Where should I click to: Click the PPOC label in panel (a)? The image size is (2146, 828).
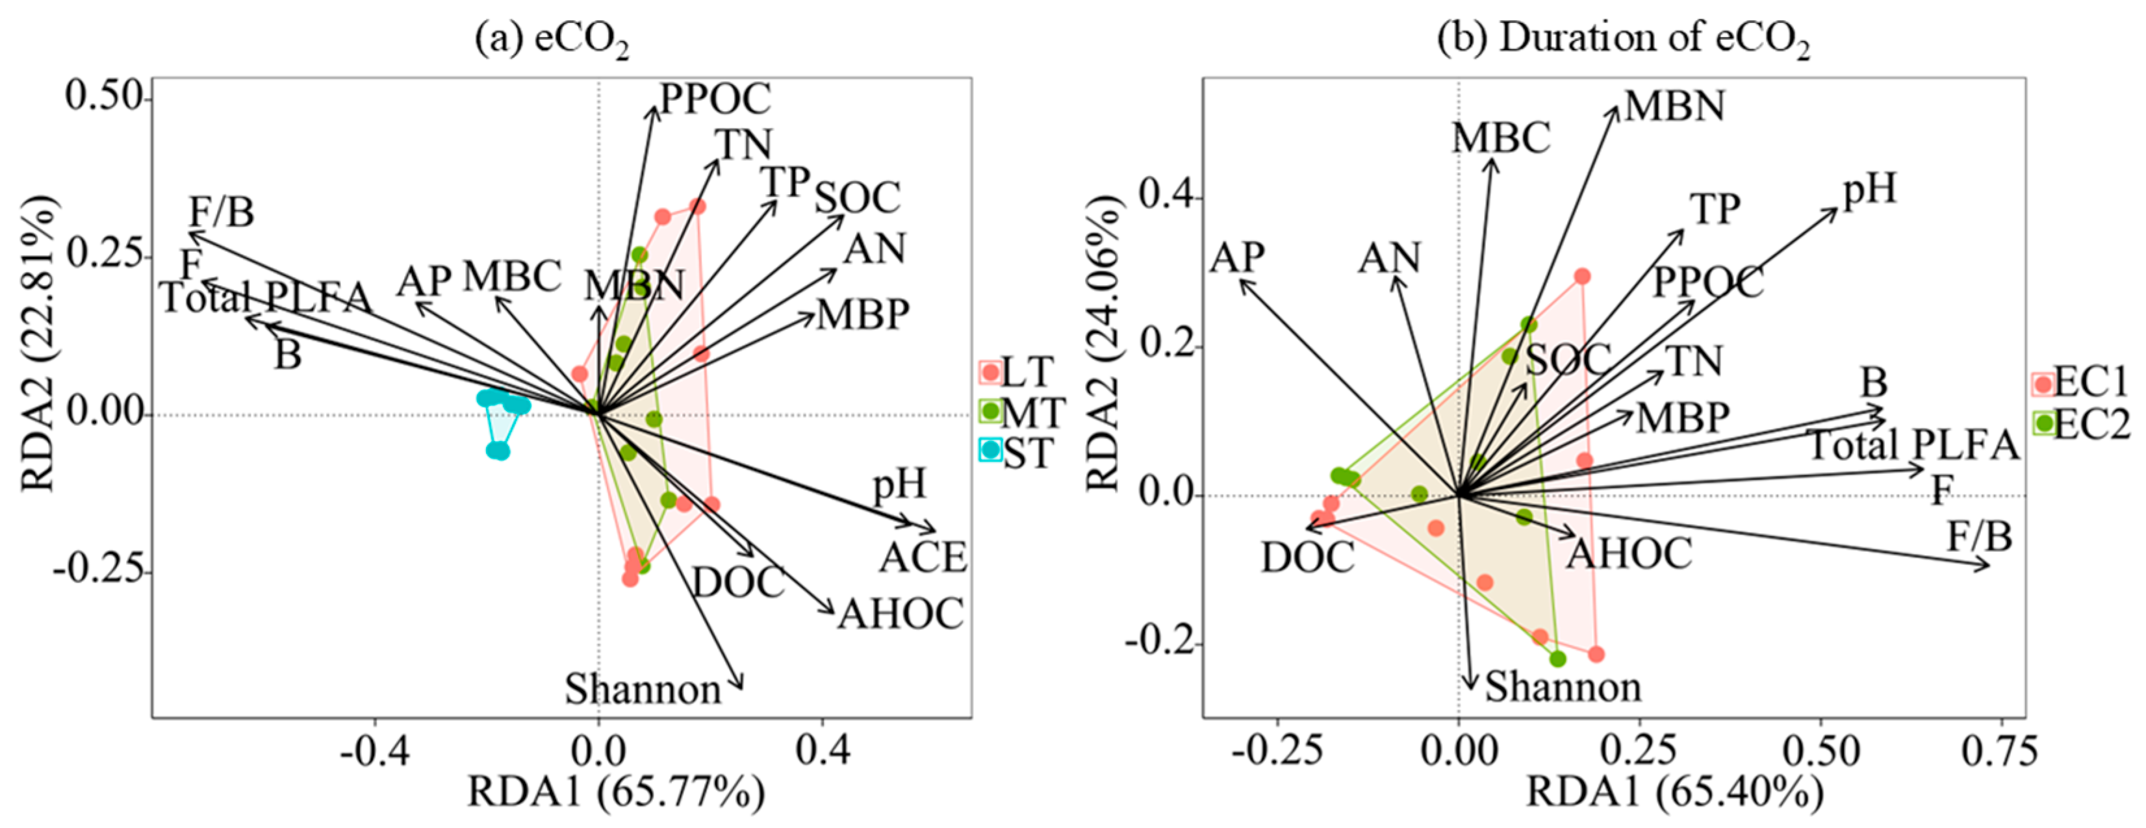click(x=715, y=99)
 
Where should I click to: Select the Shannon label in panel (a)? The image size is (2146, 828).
click(x=643, y=690)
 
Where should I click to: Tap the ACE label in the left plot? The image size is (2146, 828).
click(x=922, y=557)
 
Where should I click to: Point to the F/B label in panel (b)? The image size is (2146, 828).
click(x=1980, y=536)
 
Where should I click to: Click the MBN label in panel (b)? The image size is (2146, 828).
click(x=1674, y=106)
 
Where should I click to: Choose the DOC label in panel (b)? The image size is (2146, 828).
click(x=1307, y=558)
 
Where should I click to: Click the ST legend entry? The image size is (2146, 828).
click(x=1017, y=453)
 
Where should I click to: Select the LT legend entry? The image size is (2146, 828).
click(x=1017, y=371)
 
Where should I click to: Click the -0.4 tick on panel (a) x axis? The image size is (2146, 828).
click(x=375, y=752)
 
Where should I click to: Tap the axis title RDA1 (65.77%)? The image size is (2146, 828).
click(x=616, y=792)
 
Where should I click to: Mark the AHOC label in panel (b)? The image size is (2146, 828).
click(x=1629, y=553)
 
